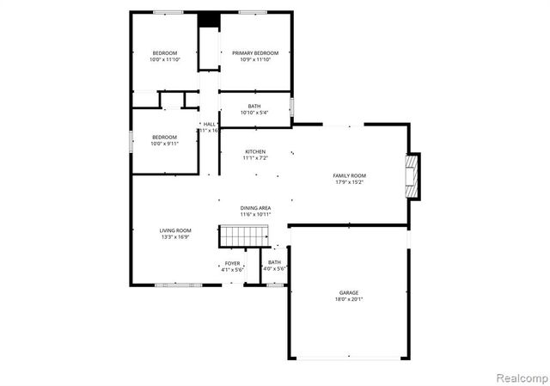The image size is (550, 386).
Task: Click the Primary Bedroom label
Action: click(x=255, y=53)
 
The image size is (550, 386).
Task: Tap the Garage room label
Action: click(x=349, y=293)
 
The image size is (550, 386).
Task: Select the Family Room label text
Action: click(x=350, y=175)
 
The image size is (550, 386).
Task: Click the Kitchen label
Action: click(x=255, y=151)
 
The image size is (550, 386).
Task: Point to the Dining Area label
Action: click(x=256, y=207)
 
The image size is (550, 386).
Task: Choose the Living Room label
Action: click(x=175, y=230)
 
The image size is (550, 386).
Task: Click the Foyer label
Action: click(x=233, y=263)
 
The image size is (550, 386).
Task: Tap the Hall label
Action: click(x=209, y=125)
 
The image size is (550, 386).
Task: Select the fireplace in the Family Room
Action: click(x=413, y=175)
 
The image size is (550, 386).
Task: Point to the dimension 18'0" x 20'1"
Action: click(x=349, y=299)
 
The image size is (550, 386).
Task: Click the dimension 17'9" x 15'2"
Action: click(x=350, y=181)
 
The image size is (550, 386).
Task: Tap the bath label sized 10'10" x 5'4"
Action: click(x=255, y=106)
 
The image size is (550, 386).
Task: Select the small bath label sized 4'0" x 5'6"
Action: click(x=274, y=262)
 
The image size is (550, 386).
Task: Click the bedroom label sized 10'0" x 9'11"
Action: click(x=165, y=138)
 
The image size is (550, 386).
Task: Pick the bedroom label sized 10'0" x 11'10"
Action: click(x=165, y=53)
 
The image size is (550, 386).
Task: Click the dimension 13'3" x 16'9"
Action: click(x=175, y=236)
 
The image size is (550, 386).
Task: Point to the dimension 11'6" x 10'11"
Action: click(x=256, y=213)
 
